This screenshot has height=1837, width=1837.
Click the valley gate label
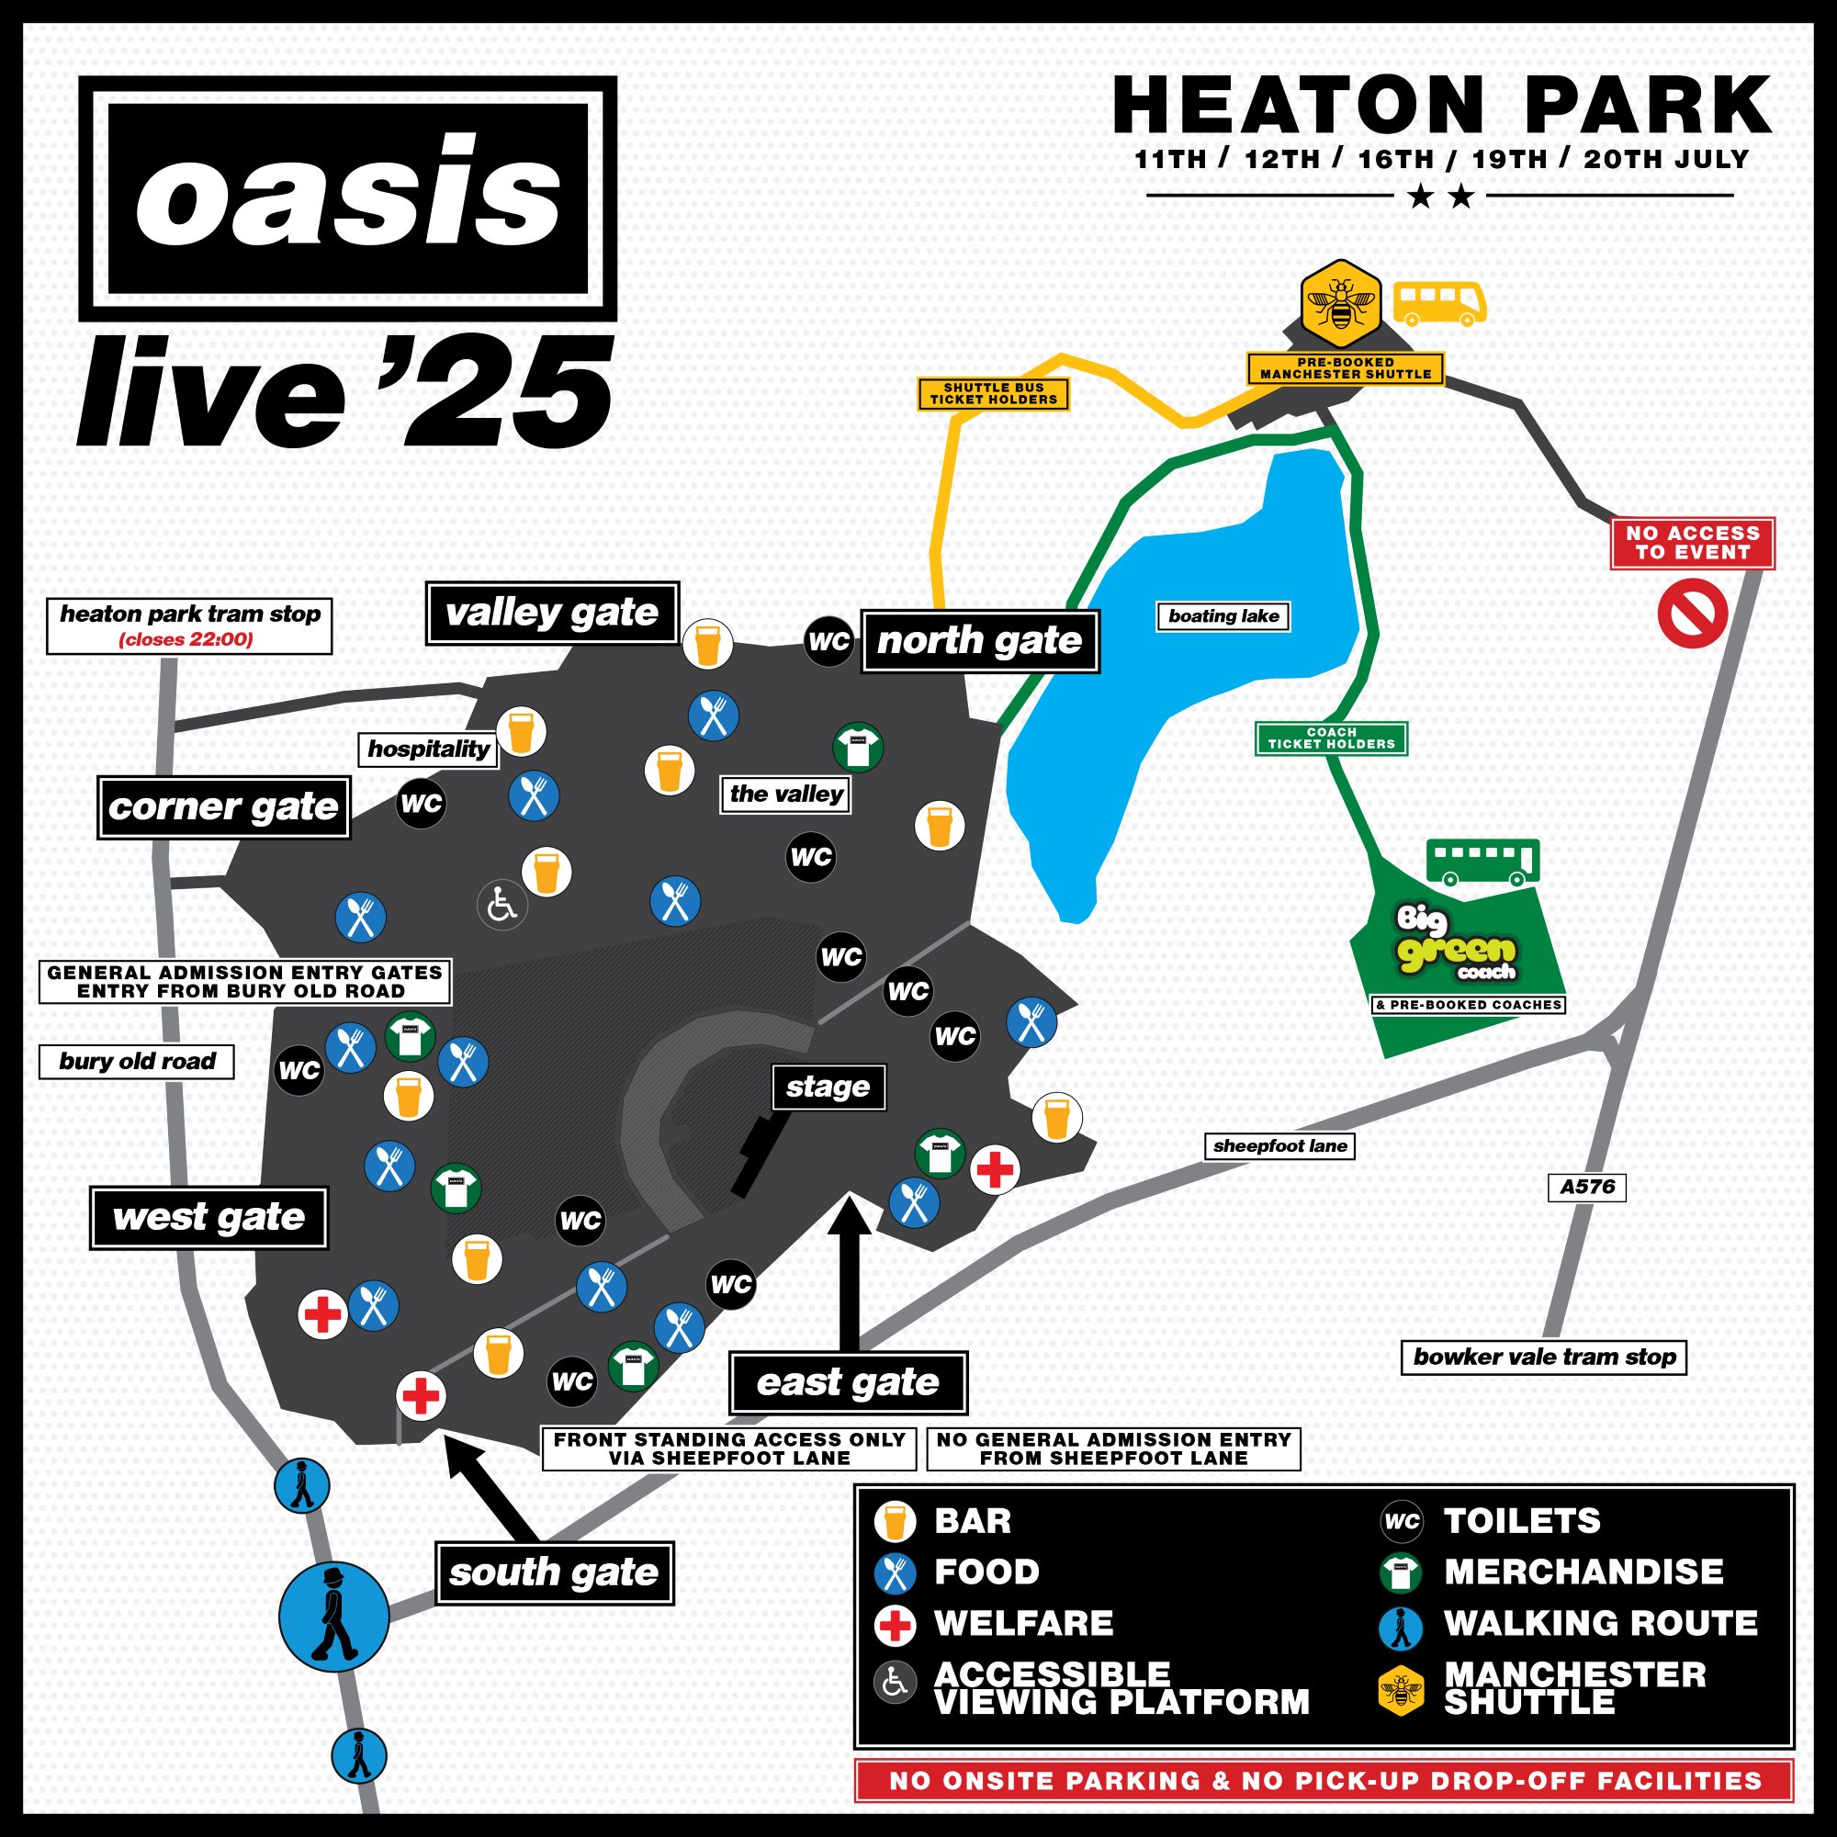551,614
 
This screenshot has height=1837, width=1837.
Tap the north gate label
979,641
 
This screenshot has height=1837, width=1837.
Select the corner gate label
223,807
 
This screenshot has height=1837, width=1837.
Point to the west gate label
208,1217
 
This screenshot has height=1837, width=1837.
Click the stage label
828,1087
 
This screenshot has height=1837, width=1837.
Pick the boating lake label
1223,616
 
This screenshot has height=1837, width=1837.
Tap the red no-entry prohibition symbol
1692,614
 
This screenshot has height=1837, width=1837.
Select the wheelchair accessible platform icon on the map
502,906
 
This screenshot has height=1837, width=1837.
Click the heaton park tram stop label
189,625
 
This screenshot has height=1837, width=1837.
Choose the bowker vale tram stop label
1544,1357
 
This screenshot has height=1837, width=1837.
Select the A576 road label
1587,1187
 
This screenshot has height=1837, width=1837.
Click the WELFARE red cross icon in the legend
894,1625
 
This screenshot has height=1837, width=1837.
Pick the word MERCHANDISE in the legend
1583,1572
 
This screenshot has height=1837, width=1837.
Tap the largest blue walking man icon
333,1617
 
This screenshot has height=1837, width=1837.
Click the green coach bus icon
1482,862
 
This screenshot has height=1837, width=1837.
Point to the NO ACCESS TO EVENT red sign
1693,543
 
